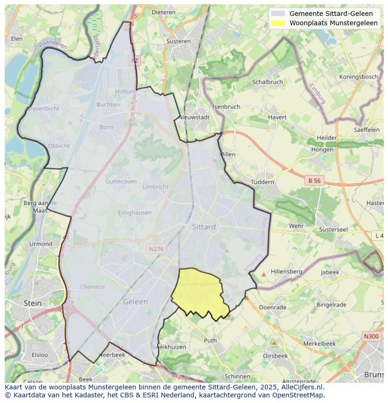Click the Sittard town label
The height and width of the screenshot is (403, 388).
pos(204,227)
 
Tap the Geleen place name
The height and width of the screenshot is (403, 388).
pos(135,302)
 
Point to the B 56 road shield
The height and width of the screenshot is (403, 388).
pos(313,180)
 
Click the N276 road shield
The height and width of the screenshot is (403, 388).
pos(156,249)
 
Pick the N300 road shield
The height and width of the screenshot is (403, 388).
pos(371,337)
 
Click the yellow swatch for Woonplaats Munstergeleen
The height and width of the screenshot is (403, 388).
pos(278,23)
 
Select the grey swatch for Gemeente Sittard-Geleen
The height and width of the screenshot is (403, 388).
pos(278,14)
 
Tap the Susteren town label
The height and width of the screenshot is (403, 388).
pos(179,41)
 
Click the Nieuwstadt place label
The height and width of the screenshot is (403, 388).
pos(194,117)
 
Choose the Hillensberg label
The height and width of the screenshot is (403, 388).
pos(286,271)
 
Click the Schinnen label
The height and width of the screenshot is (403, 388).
pos(237,376)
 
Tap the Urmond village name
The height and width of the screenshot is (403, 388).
pos(41,244)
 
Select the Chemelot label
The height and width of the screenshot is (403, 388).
pos(93,287)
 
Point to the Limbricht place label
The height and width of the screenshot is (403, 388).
pos(155,187)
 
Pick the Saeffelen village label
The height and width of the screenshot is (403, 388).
pos(366,130)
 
